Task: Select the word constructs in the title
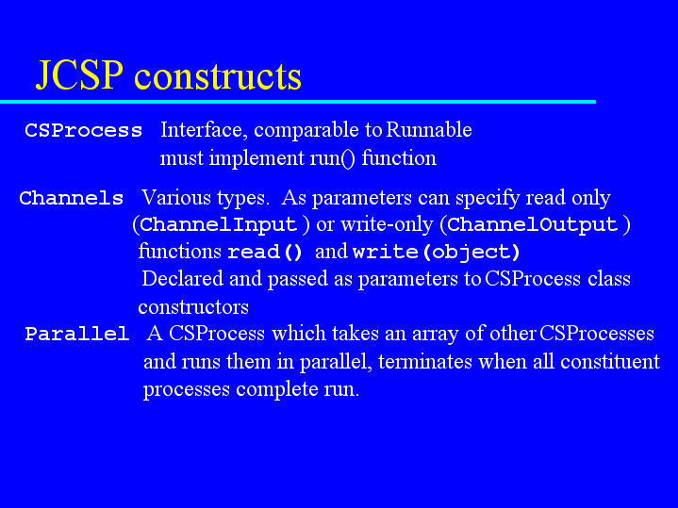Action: (x=218, y=76)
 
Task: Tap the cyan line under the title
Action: (x=298, y=102)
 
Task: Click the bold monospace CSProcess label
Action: (x=83, y=130)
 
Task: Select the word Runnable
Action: (x=428, y=129)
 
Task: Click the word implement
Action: (x=256, y=158)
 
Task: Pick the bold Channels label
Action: (x=72, y=198)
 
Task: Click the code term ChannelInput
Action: (x=219, y=224)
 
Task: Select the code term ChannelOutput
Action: (x=532, y=224)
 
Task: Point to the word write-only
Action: (x=387, y=224)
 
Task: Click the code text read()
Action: (x=265, y=252)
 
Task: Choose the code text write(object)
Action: (x=437, y=252)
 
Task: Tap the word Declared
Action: (x=183, y=278)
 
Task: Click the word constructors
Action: (x=193, y=307)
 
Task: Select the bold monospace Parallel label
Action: (x=77, y=334)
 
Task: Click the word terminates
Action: (x=425, y=361)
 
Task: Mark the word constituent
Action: (x=610, y=361)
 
